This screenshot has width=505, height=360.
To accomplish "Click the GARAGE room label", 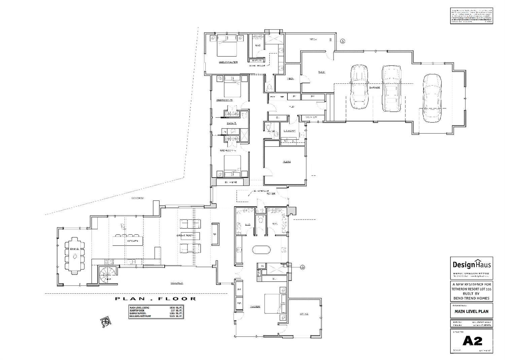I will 374,87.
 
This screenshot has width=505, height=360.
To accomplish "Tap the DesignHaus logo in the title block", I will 471,264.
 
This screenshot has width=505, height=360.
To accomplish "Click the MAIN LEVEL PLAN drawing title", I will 471,311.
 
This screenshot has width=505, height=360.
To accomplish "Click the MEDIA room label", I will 287,162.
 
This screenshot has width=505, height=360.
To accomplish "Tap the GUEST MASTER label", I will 228,62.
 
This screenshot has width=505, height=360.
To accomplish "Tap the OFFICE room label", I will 304,314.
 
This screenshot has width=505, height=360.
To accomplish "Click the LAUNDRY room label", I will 289,131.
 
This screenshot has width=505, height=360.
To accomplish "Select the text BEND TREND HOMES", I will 471,298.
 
